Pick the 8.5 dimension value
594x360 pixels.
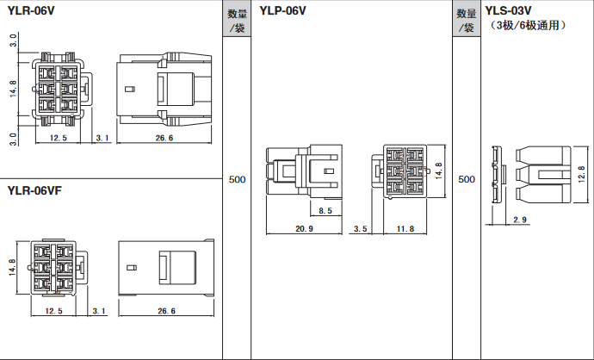coord(325,211)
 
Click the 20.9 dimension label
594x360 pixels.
coord(304,229)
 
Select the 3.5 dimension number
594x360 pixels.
coord(361,229)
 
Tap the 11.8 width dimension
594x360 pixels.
coord(405,229)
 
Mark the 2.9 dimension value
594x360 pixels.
coord(520,220)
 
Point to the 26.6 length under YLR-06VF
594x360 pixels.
coord(164,311)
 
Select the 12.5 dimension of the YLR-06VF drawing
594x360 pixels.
coord(54,311)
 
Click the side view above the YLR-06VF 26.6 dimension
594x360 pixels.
coord(164,266)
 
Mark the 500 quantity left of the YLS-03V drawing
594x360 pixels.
coord(466,179)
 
